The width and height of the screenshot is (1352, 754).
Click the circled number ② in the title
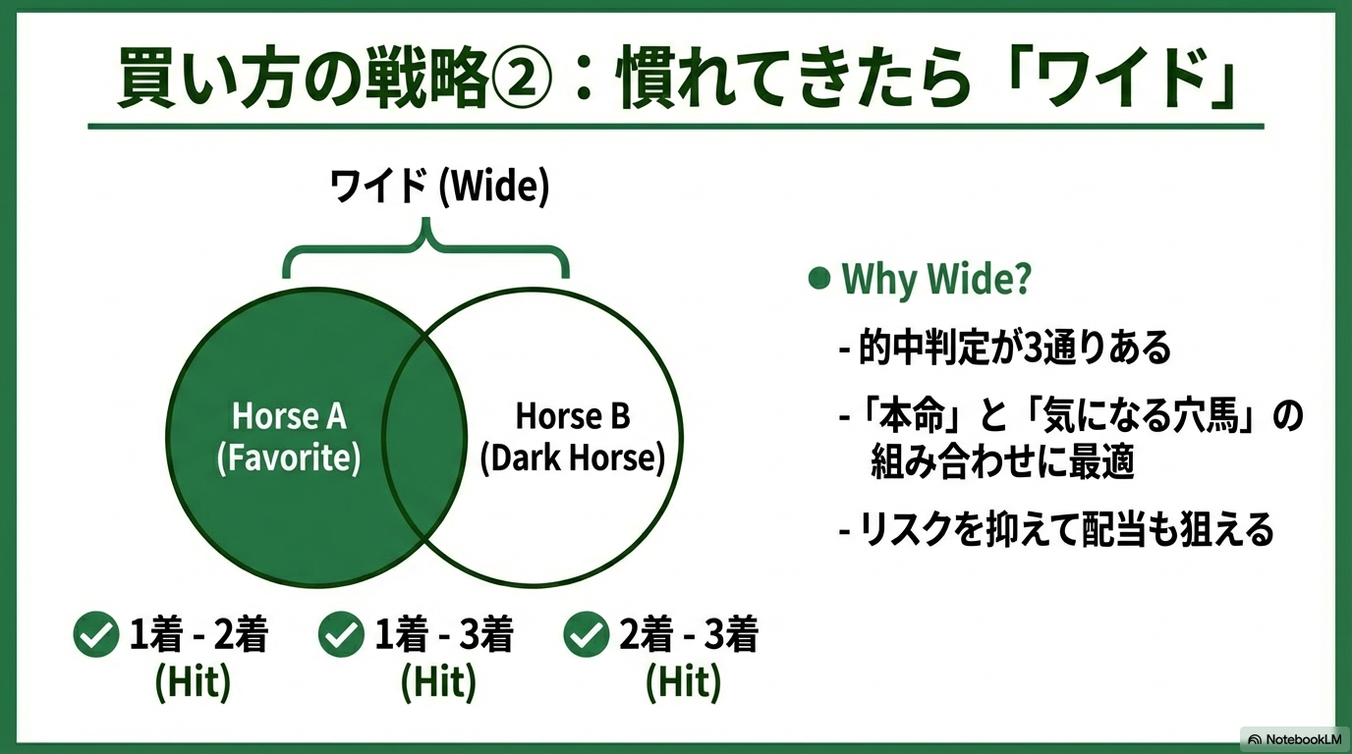[522, 79]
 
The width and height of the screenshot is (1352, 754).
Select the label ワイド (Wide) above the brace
[440, 187]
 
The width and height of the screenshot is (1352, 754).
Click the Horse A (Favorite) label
[289, 437]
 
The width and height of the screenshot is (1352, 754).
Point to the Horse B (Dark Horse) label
[572, 437]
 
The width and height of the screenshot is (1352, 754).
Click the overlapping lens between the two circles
[424, 437]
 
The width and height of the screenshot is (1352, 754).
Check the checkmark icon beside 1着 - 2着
[96, 634]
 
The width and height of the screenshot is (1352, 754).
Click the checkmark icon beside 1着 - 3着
[341, 634]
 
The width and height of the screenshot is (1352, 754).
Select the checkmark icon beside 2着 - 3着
[586, 634]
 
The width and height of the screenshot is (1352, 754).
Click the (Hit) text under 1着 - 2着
[194, 682]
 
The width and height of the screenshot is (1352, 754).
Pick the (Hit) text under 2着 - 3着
[683, 682]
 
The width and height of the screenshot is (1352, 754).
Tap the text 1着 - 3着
[444, 634]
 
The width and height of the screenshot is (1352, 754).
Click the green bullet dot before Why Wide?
[819, 278]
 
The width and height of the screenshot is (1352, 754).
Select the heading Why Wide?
[936, 279]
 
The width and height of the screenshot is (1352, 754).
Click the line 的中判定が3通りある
[1005, 348]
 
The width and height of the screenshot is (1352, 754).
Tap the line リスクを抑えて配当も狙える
[1057, 529]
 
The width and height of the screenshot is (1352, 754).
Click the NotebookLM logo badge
[1294, 739]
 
